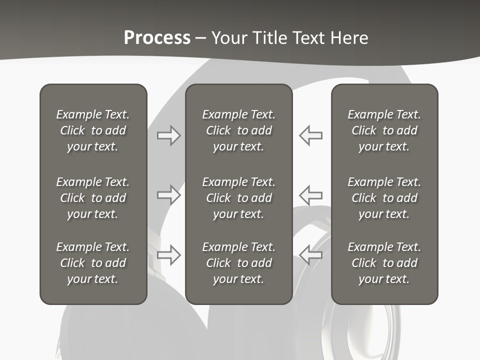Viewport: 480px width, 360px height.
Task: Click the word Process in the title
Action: click(x=157, y=37)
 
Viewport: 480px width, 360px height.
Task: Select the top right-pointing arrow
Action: click(x=168, y=135)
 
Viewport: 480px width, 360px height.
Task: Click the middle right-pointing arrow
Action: click(x=168, y=194)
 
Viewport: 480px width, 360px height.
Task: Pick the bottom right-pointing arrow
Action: click(x=168, y=254)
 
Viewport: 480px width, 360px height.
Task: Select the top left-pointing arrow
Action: click(x=310, y=135)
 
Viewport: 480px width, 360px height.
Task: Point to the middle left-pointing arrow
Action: click(x=310, y=194)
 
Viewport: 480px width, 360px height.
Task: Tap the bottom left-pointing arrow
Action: click(x=310, y=254)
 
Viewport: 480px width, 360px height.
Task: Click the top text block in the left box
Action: click(x=93, y=130)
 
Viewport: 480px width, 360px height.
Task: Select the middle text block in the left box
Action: click(x=93, y=198)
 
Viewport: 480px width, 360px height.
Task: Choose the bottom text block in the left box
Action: click(x=93, y=263)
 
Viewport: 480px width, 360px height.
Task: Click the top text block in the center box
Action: click(x=238, y=130)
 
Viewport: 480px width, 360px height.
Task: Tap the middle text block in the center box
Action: click(x=238, y=198)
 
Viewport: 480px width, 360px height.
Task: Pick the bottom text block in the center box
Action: click(x=238, y=263)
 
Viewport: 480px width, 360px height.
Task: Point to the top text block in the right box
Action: click(x=384, y=130)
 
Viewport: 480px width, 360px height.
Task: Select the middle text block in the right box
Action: click(x=384, y=198)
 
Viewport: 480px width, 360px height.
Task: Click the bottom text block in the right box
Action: click(x=384, y=263)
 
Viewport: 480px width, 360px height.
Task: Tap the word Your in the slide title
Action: click(x=228, y=37)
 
